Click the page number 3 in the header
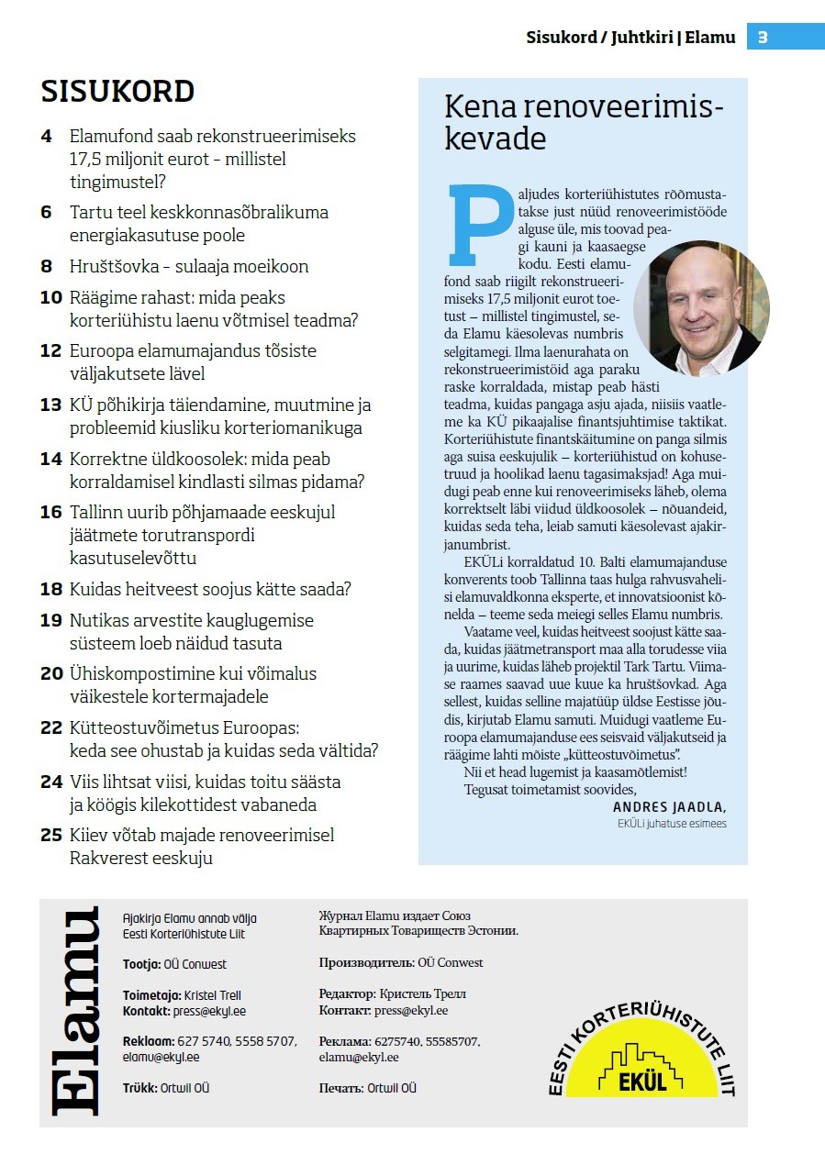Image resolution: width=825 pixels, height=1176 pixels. [x=763, y=38]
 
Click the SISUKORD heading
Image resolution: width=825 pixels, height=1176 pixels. [x=117, y=92]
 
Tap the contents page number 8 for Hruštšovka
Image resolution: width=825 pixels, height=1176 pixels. [x=47, y=267]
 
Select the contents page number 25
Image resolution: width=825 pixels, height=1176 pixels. [x=51, y=836]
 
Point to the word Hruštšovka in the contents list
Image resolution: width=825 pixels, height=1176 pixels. [x=112, y=267]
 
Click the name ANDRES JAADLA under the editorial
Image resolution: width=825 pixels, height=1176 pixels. [x=669, y=807]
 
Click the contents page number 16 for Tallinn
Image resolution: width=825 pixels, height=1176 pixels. [x=51, y=513]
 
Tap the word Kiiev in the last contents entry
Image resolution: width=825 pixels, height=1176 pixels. [x=92, y=836]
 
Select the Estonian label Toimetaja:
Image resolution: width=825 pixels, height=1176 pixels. [x=152, y=995]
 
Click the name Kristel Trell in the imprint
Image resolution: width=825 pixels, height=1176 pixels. [x=212, y=995]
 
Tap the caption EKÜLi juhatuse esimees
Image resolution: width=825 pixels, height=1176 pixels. [x=672, y=824]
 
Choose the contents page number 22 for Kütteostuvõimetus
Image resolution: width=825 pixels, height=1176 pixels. [x=51, y=728]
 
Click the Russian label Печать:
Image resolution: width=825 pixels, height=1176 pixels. [x=340, y=1089]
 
